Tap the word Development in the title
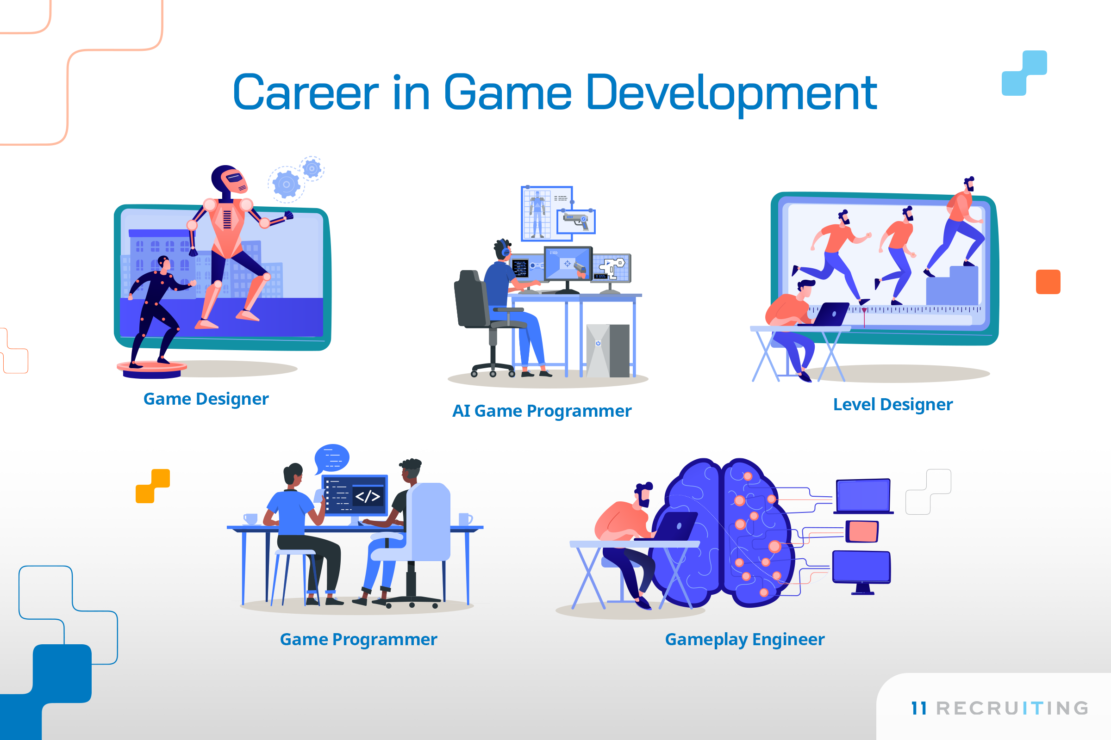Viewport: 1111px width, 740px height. coord(731,94)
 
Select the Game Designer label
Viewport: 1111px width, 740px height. coord(206,399)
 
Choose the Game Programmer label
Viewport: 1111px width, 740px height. coord(358,640)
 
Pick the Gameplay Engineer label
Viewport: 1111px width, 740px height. coord(745,640)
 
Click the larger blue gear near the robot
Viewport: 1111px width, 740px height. coord(286,184)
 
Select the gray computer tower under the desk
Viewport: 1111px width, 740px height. coord(608,351)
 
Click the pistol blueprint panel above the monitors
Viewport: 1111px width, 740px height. coord(576,222)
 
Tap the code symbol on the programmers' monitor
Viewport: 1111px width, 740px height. coord(368,496)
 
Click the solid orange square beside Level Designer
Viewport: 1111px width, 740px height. coord(1048,282)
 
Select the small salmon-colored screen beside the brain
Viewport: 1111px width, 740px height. coord(862,532)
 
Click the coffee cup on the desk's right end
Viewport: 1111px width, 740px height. coord(465,519)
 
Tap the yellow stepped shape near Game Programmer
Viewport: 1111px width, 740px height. coord(153,486)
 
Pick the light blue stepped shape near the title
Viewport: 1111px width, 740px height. coord(1024,73)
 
